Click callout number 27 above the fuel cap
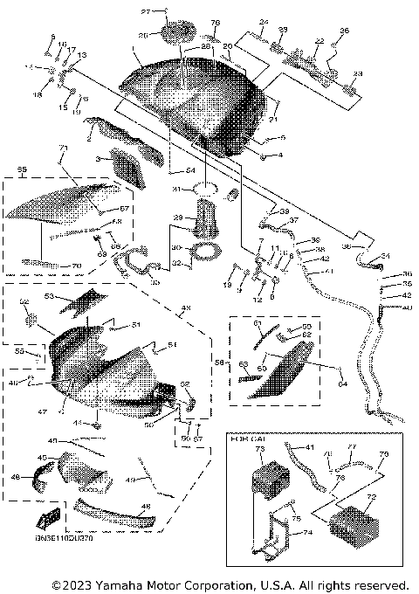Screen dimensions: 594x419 pyautogui.click(x=147, y=11)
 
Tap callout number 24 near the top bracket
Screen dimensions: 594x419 pyautogui.click(x=264, y=21)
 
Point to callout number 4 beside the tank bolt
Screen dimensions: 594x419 pyautogui.click(x=279, y=155)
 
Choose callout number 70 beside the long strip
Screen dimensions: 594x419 pyautogui.click(x=76, y=266)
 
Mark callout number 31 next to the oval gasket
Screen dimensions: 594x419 pyautogui.click(x=175, y=189)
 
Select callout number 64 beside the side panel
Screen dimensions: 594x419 pyautogui.click(x=342, y=382)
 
